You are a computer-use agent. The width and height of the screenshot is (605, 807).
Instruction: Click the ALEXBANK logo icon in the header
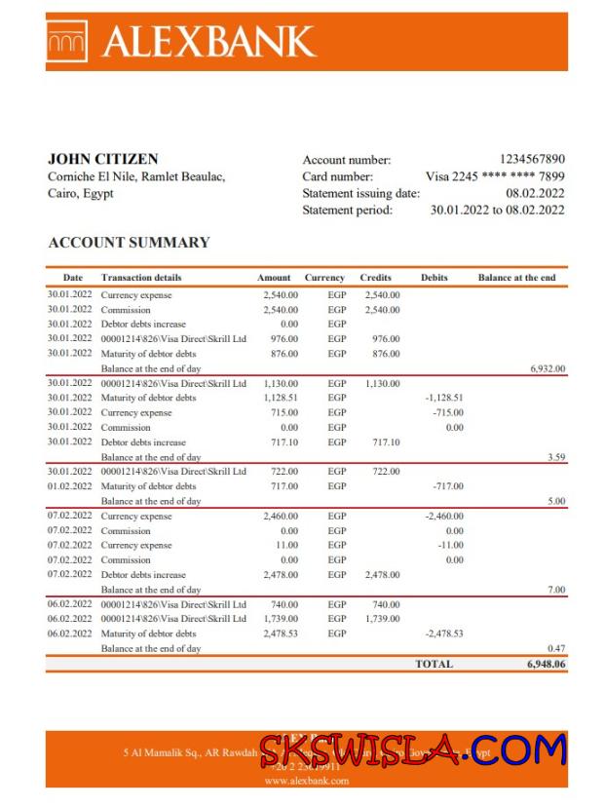pos(67,40)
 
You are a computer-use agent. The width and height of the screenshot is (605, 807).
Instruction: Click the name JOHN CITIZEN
pos(102,159)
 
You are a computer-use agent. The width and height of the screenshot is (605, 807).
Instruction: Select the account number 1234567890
pos(532,159)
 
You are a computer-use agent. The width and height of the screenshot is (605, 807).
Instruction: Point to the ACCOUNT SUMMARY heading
pos(129,243)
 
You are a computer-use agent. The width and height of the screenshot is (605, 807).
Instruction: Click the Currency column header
pos(324,278)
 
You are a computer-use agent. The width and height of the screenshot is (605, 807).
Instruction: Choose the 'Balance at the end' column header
pos(516,278)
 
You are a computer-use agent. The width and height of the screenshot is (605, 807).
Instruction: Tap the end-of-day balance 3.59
pos(556,457)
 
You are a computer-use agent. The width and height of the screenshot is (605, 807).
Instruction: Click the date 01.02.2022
pos(69,486)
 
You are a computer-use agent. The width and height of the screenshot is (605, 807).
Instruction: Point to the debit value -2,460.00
pos(444,517)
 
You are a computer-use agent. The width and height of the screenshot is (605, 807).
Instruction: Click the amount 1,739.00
pos(281,619)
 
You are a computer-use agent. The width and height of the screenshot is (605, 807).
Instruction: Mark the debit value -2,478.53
pos(444,634)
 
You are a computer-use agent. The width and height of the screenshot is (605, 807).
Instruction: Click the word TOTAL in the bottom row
pos(434,664)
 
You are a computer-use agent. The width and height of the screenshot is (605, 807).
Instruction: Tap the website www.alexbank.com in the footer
pos(306,781)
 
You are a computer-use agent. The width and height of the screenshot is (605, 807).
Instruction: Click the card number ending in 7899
pos(495,176)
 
